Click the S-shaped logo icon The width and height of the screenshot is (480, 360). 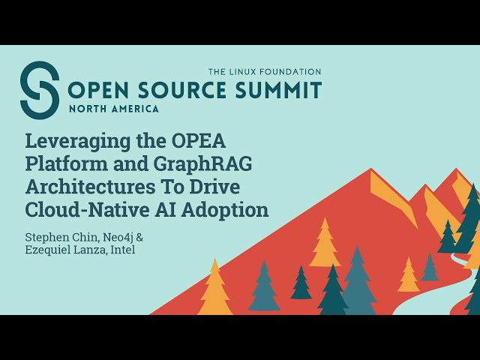pos(39,88)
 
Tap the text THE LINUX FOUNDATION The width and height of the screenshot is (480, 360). pos(264,72)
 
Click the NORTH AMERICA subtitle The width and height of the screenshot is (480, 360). pos(113,108)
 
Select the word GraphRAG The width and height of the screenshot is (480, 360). pos(189,163)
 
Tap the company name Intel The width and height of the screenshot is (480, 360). pos(122,250)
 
